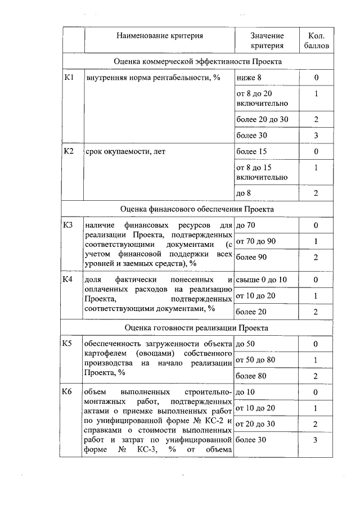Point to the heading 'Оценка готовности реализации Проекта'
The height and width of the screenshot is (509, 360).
[197, 327]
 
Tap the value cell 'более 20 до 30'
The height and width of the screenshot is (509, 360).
[262, 119]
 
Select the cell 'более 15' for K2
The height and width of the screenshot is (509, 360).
[251, 151]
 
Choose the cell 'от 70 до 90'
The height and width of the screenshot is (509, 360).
[256, 241]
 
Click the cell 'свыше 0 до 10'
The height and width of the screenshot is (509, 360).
[261, 280]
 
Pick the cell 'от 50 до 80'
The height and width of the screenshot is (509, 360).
[256, 359]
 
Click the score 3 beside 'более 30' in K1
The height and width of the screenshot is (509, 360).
[316, 135]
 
